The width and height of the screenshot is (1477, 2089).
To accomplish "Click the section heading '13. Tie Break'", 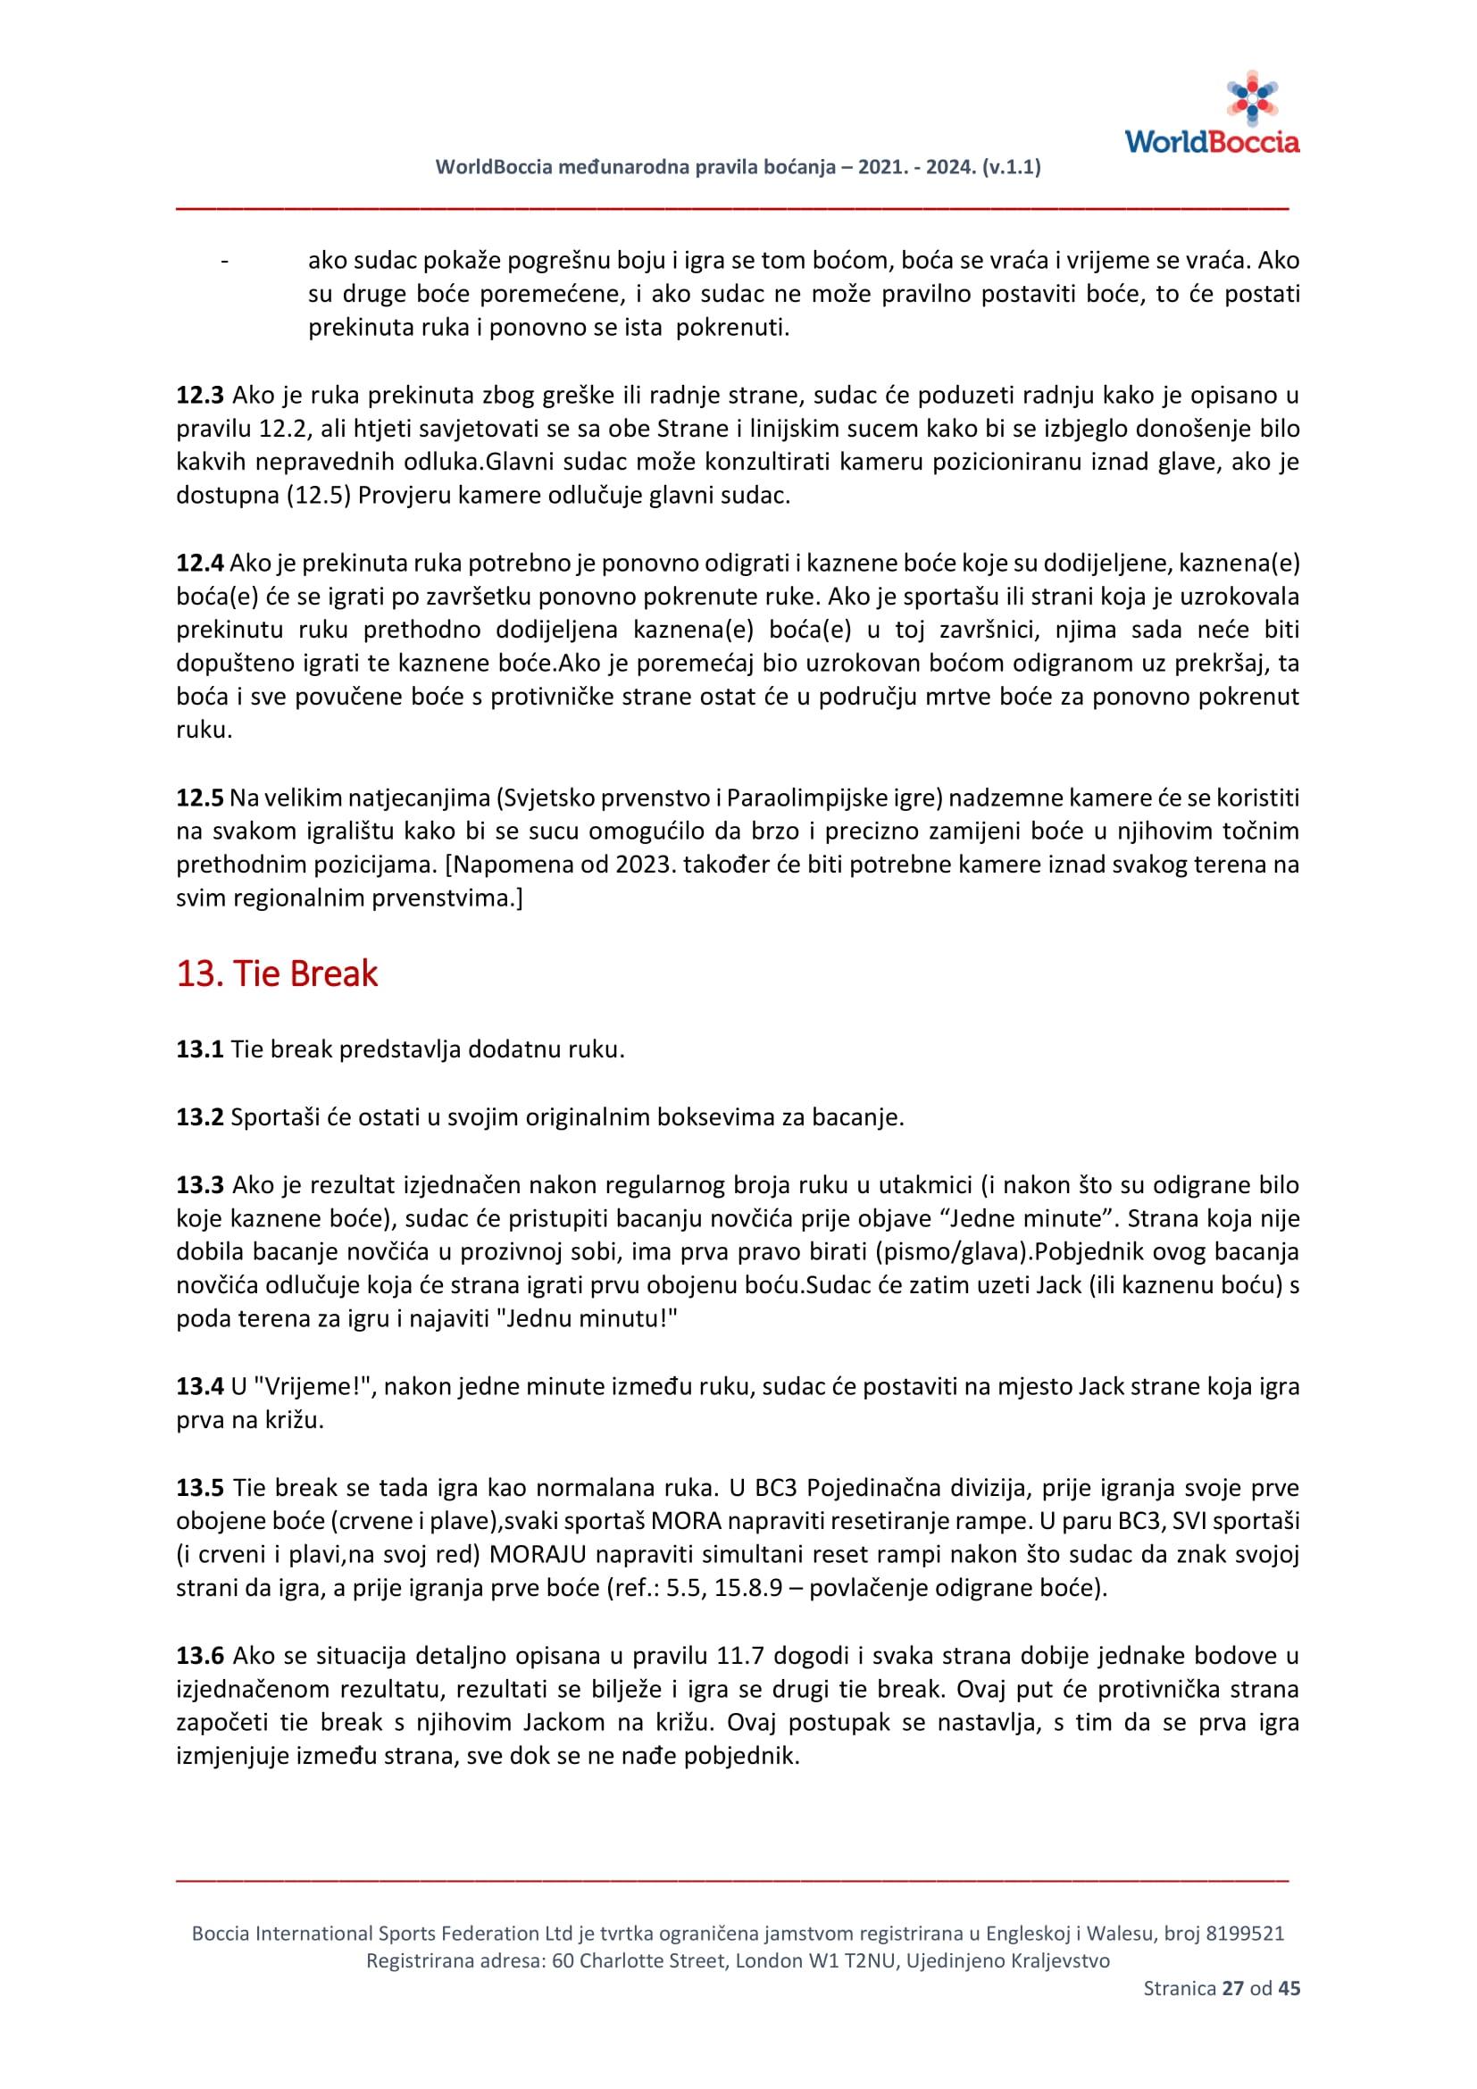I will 277,973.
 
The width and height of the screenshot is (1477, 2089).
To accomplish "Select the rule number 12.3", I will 199,395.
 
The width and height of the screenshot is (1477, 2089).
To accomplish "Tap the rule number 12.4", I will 199,563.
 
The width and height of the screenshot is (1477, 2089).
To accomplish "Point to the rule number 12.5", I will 199,797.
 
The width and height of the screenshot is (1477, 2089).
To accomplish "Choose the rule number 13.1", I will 199,1049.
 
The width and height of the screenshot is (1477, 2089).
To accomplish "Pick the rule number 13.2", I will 199,1116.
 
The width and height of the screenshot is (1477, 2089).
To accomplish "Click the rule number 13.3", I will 199,1184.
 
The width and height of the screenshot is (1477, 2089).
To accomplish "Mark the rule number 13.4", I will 199,1386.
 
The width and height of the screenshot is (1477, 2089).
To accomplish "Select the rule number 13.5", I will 199,1488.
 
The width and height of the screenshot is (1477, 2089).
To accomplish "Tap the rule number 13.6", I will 199,1655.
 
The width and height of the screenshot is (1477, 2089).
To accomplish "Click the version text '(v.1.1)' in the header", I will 1012,166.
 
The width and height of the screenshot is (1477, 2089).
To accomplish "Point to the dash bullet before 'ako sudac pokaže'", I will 225,261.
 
